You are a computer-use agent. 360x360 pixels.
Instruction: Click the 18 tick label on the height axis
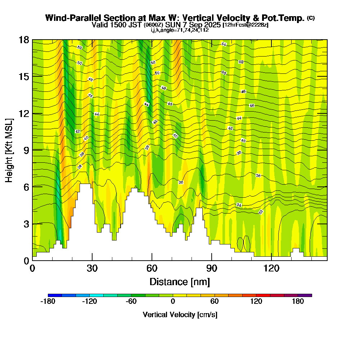(24, 40)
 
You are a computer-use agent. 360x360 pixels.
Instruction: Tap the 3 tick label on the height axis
(26, 224)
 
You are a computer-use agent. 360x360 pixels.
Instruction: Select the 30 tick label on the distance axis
(92, 269)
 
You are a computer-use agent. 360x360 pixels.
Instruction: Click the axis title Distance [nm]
(180, 282)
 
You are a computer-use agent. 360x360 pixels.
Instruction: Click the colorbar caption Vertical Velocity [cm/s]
(180, 315)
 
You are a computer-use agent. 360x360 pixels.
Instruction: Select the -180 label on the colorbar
(48, 302)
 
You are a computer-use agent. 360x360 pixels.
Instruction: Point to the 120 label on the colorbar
(256, 302)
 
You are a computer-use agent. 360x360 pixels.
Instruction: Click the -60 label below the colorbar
(131, 302)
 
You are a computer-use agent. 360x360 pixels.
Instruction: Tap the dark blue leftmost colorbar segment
(55, 295)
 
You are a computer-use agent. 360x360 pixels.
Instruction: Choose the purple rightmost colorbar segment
(305, 295)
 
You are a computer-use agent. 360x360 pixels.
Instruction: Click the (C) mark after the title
(311, 18)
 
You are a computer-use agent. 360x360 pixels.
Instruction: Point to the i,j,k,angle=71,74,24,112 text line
(180, 30)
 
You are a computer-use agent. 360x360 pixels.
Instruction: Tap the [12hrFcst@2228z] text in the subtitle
(246, 25)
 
